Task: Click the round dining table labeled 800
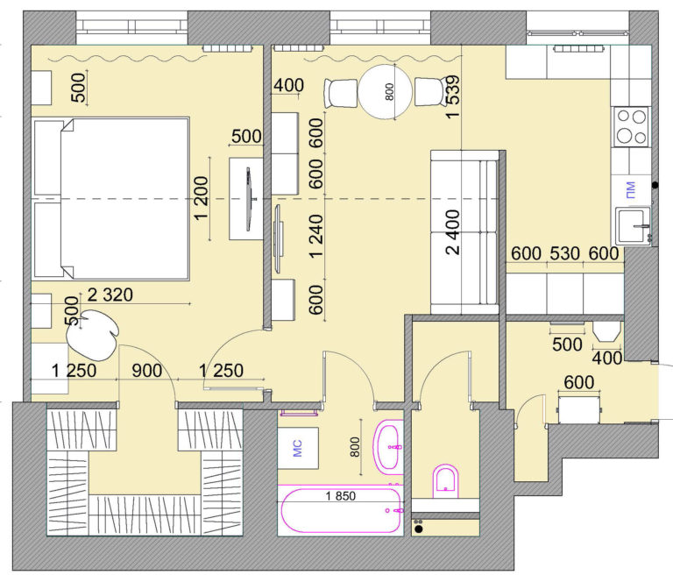pyautogui.click(x=385, y=91)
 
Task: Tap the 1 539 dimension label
pyautogui.click(x=453, y=97)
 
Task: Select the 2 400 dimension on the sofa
pyautogui.click(x=452, y=232)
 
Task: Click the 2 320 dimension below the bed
pyautogui.click(x=110, y=295)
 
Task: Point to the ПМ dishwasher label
pyautogui.click(x=630, y=190)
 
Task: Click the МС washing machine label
pyautogui.click(x=297, y=448)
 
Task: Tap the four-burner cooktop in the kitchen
pyautogui.click(x=631, y=127)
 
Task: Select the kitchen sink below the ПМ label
pyautogui.click(x=633, y=226)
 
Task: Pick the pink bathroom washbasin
pyautogui.click(x=388, y=447)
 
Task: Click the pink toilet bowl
pyautogui.click(x=445, y=480)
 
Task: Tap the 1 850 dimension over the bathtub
pyautogui.click(x=340, y=496)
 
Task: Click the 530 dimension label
pyautogui.click(x=565, y=253)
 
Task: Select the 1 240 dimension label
pyautogui.click(x=315, y=236)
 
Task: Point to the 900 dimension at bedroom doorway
pyautogui.click(x=147, y=370)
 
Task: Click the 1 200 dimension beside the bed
pyautogui.click(x=201, y=198)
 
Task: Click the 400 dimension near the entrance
pyautogui.click(x=607, y=358)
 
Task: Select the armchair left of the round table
pyautogui.click(x=341, y=93)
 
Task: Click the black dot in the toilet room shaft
pyautogui.click(x=419, y=529)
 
